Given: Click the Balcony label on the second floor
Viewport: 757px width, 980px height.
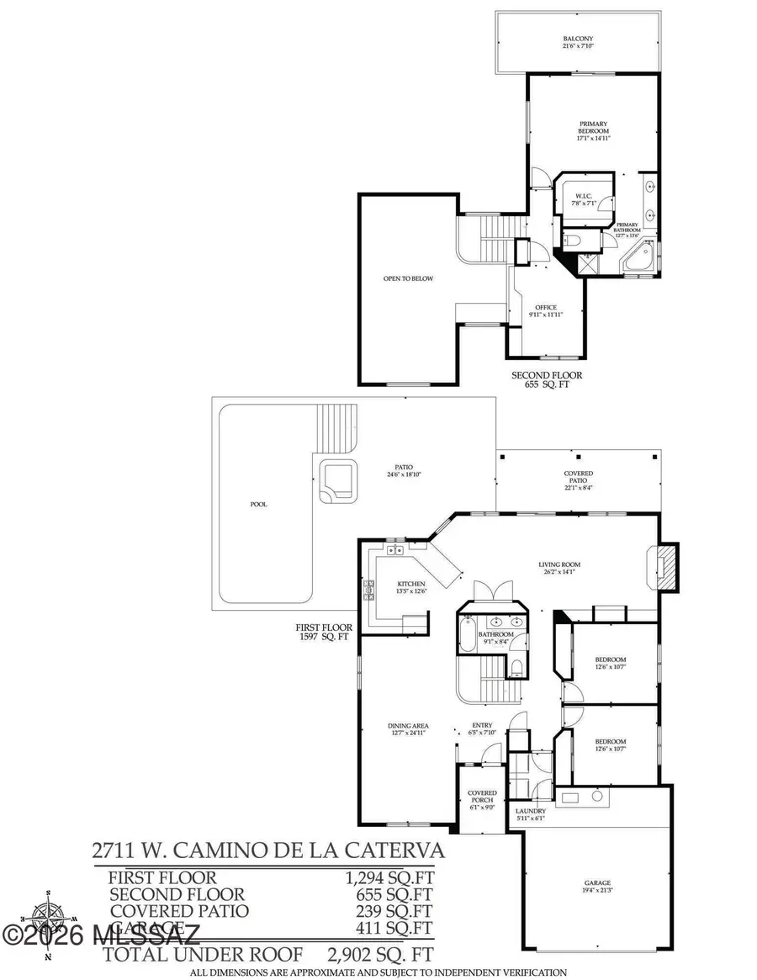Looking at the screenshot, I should pos(578,39).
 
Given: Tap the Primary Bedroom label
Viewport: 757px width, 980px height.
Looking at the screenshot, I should pos(593,131).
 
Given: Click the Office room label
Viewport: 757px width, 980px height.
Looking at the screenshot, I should pos(547,308).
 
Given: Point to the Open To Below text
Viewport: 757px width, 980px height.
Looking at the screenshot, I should pos(408,278).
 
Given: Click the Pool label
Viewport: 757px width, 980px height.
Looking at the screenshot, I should pos(259,505).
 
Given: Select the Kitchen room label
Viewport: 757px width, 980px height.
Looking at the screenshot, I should pos(411,584).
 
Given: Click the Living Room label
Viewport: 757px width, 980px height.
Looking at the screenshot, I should pos(559,564).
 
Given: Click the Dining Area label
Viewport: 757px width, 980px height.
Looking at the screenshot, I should pos(409,725).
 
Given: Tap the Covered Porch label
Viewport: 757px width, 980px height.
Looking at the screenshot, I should pos(482,797).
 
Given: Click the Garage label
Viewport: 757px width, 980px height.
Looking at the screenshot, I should pos(597,885).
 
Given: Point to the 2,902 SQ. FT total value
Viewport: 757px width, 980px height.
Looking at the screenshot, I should pos(379,955).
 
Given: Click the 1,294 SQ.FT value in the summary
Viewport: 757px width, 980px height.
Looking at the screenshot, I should pos(389,878).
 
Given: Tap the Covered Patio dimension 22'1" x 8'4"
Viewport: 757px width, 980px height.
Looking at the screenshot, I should pos(578,487).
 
